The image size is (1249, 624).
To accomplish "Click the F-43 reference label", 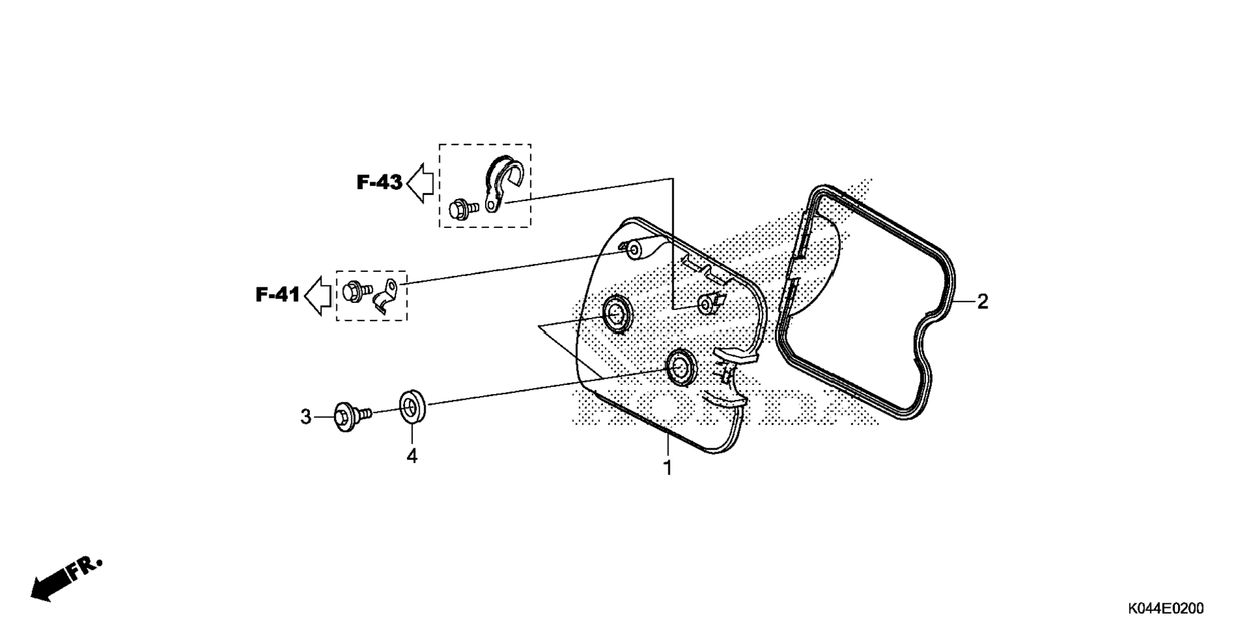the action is pos(379,183).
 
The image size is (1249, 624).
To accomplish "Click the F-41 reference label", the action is pos(278,295).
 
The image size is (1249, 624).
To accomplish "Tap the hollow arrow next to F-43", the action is pos(420,183).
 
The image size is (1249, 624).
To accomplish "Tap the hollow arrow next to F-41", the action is pos(318,295).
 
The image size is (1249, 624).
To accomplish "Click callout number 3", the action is pos(305,417).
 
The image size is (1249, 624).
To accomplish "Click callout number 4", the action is pos(412,456).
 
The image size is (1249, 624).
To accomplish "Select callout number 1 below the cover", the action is pos(668,468).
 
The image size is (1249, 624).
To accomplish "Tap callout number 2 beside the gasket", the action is pos(982,302).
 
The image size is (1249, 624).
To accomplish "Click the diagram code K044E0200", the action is pos(1166,608).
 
